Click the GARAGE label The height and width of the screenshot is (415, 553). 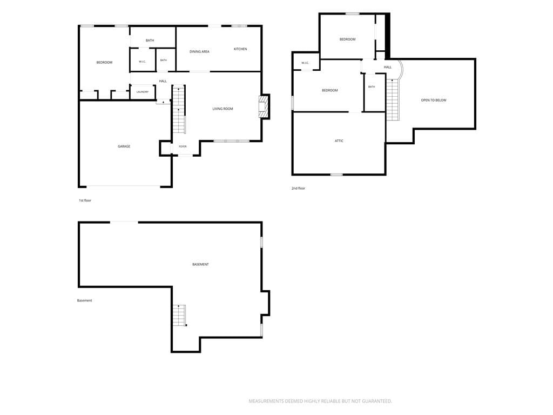[124, 146]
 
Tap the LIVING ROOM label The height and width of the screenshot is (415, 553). [222, 109]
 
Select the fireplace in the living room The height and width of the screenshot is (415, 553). [263, 106]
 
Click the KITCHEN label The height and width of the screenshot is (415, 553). [240, 49]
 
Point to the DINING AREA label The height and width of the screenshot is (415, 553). [199, 51]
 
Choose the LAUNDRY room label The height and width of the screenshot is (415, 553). [143, 92]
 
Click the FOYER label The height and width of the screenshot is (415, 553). [183, 146]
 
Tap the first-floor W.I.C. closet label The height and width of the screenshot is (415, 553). [142, 62]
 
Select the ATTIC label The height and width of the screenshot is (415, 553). [339, 141]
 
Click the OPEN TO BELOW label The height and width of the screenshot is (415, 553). [434, 100]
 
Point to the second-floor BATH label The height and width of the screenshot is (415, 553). [372, 87]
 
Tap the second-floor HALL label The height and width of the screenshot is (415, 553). [388, 67]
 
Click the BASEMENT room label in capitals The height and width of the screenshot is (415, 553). [200, 264]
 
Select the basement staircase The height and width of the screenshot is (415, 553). [179, 315]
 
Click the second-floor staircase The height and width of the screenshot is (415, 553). [393, 99]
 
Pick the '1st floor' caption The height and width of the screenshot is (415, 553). [85, 200]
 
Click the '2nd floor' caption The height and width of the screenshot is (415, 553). [298, 189]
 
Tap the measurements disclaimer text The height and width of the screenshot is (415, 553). [320, 401]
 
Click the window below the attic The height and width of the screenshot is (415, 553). [336, 175]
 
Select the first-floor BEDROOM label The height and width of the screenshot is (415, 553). [104, 63]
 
